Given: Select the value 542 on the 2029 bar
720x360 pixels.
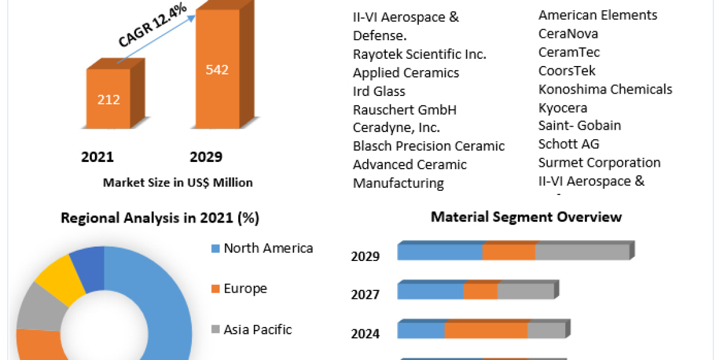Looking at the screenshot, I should [217, 70].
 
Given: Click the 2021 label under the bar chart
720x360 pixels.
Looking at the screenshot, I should [97, 157].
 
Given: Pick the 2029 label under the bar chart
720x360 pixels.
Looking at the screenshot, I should [206, 157].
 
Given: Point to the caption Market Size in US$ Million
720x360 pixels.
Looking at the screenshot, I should [178, 182].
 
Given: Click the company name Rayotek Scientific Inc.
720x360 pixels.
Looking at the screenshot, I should [419, 54].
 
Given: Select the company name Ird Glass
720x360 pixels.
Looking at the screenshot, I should [379, 91].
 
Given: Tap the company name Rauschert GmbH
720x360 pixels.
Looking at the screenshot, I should [404, 110].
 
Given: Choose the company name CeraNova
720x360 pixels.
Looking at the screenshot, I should [568, 34].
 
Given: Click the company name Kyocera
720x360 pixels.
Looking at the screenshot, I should [562, 108].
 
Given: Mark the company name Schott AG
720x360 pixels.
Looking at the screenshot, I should [568, 144].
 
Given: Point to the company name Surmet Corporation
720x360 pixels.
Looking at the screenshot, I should [599, 163].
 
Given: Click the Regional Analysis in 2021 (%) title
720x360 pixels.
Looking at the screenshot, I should [160, 218].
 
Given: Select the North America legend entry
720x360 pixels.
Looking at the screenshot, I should [268, 248].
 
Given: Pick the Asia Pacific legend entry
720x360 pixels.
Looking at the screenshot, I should [257, 329].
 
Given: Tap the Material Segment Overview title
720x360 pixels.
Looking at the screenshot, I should [526, 217].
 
